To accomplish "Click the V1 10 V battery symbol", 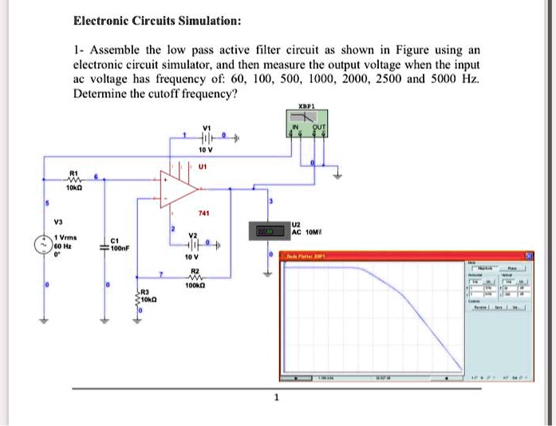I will pyautogui.click(x=207, y=138).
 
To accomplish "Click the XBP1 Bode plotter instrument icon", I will pyautogui.click(x=307, y=124).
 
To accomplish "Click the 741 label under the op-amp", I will pyautogui.click(x=204, y=214).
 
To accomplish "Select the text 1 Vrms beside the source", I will pyautogui.click(x=66, y=239).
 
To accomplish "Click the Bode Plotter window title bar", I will pyautogui.click(x=399, y=255).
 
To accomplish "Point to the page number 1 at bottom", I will pyautogui.click(x=276, y=397).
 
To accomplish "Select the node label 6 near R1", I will pyautogui.click(x=96, y=176).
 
